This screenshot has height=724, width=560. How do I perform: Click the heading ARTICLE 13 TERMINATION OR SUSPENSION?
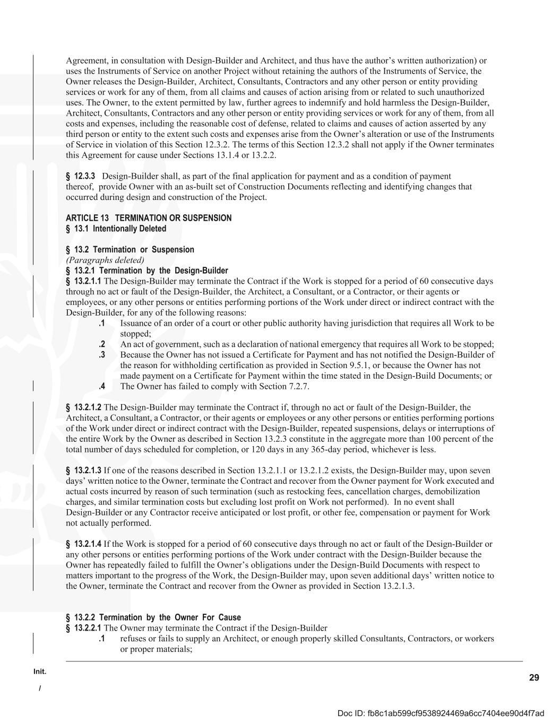pyautogui.click(x=149, y=218)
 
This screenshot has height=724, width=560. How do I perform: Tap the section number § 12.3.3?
pyautogui.click(x=80, y=176)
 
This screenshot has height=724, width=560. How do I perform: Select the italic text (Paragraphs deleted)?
pyautogui.click(x=105, y=260)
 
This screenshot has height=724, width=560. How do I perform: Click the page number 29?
pyautogui.click(x=534, y=677)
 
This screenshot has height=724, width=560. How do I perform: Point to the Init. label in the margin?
pyautogui.click(x=40, y=671)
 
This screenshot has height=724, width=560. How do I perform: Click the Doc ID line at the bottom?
pyautogui.click(x=441, y=713)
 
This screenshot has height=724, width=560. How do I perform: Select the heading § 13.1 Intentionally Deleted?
pyautogui.click(x=116, y=229)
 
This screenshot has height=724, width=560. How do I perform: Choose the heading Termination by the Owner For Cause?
pyautogui.click(x=153, y=617)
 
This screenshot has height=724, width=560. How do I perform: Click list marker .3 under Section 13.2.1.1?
pyautogui.click(x=101, y=355)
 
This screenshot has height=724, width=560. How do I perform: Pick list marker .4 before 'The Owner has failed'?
pyautogui.click(x=101, y=386)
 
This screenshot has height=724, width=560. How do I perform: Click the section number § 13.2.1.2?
pyautogui.click(x=83, y=407)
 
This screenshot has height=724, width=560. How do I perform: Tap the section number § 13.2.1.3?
pyautogui.click(x=83, y=470)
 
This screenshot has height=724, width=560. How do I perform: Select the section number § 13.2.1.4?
pyautogui.click(x=83, y=544)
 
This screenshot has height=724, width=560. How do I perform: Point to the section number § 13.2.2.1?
pyautogui.click(x=83, y=628)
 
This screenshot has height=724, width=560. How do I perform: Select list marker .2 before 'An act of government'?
pyautogui.click(x=101, y=344)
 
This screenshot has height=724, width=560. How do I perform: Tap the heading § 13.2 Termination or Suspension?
pyautogui.click(x=130, y=249)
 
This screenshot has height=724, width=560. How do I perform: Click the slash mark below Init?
pyautogui.click(x=39, y=688)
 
